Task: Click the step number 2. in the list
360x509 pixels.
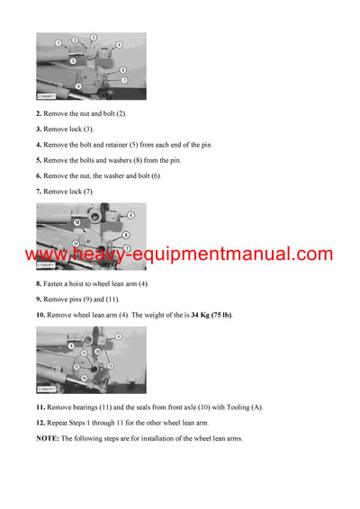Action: pyautogui.click(x=39, y=113)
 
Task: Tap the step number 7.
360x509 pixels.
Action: pyautogui.click(x=39, y=191)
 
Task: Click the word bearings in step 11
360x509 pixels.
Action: pyautogui.click(x=88, y=407)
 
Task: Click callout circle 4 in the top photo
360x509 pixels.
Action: pyautogui.click(x=119, y=44)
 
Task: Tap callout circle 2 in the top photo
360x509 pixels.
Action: pyautogui.click(x=76, y=40)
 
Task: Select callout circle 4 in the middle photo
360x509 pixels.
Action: pyautogui.click(x=131, y=216)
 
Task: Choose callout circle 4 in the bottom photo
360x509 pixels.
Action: pyautogui.click(x=119, y=337)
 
